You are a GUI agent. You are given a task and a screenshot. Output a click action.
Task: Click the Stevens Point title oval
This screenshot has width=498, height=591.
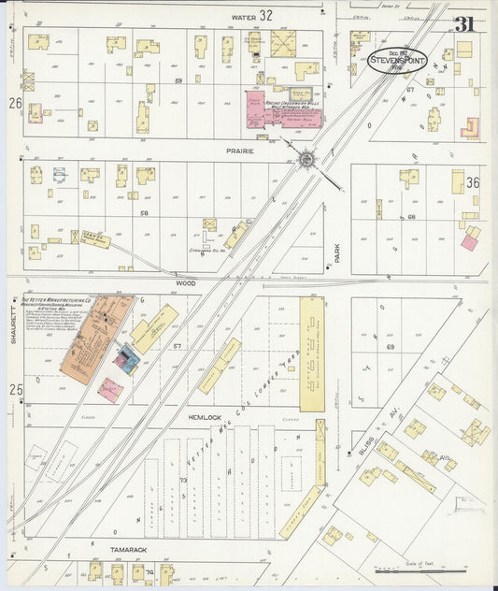(397, 62)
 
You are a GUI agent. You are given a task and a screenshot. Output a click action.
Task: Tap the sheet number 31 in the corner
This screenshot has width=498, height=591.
(463, 24)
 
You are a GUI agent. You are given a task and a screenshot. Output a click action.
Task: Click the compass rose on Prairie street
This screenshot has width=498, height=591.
(306, 159)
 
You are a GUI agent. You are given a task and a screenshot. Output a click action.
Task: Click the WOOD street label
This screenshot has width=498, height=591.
(186, 281)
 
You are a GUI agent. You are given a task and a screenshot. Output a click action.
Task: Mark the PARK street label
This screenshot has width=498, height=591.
(338, 252)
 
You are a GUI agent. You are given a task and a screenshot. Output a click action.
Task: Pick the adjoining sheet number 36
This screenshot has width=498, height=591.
(472, 183)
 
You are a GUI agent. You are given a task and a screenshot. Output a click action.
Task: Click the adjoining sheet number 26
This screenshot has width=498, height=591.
(15, 102)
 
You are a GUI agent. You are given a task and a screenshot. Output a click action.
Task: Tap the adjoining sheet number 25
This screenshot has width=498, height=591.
(15, 388)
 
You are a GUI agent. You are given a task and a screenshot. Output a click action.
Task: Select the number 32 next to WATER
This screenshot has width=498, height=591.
(266, 15)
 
